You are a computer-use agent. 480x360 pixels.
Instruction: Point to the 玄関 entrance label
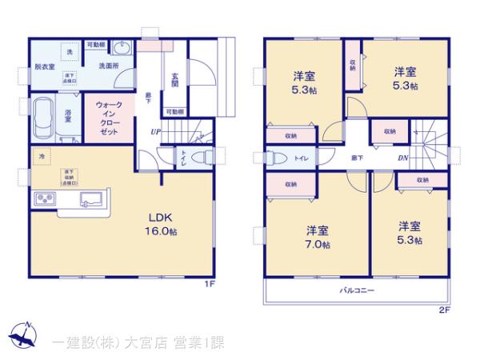pos(174,82)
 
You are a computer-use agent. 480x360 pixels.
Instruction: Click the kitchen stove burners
pos(45,199)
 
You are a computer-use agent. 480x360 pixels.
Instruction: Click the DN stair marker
pos(404,157)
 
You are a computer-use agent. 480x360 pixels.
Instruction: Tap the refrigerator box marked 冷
pos(40,155)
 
